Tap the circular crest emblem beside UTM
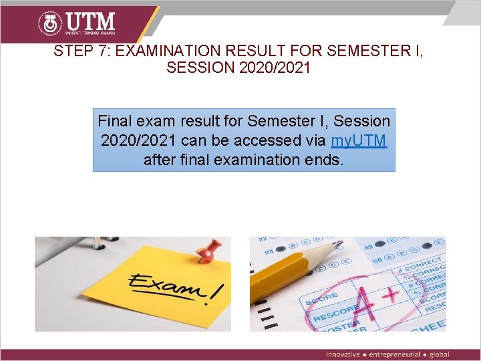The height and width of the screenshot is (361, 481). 49,23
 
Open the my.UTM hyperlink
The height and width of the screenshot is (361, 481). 359,140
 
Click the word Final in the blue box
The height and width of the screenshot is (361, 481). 115,121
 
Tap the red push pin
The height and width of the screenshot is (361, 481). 212,251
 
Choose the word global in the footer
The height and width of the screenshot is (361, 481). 440,354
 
